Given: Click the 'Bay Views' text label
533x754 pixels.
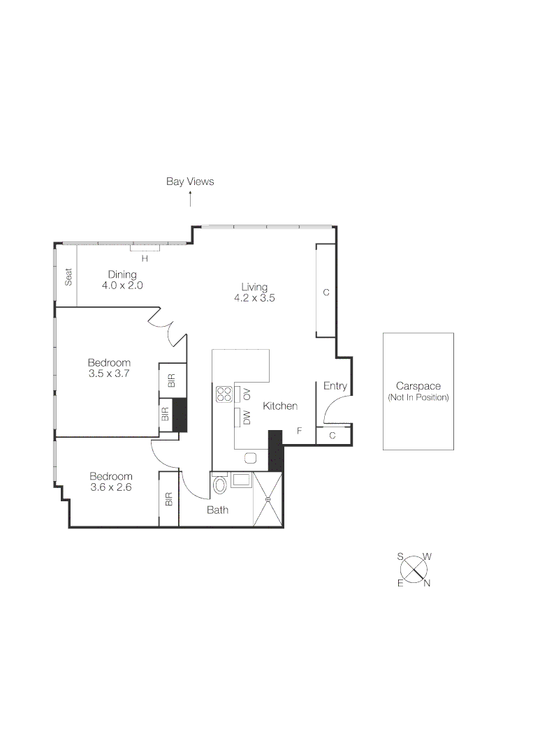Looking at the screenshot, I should (x=190, y=182).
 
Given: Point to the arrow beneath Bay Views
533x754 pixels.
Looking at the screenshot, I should (x=190, y=200).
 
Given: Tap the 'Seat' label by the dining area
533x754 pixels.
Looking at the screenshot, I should (x=68, y=277).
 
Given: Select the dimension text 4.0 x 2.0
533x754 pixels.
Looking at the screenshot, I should (x=122, y=286).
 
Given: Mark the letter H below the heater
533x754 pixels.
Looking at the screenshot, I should (x=145, y=258).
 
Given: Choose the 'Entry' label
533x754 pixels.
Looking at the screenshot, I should (x=335, y=386).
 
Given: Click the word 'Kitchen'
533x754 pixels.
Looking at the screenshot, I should (x=280, y=406).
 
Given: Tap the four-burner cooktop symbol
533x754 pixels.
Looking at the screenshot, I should (x=224, y=394).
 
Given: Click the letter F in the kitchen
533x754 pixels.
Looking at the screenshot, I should (x=299, y=431).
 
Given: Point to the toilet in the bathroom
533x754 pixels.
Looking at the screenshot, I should (x=220, y=484).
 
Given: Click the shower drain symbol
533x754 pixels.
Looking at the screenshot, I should (x=268, y=499).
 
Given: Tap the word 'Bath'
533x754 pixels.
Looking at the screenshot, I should (x=217, y=510).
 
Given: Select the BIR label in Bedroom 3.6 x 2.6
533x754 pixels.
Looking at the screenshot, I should (x=169, y=500).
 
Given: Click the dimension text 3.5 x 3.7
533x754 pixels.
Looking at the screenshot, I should (x=109, y=374).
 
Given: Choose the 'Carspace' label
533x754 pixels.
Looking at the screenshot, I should (x=418, y=386).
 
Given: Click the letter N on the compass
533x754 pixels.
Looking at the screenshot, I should (x=427, y=584).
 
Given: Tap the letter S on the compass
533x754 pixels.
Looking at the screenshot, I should (x=400, y=556).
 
